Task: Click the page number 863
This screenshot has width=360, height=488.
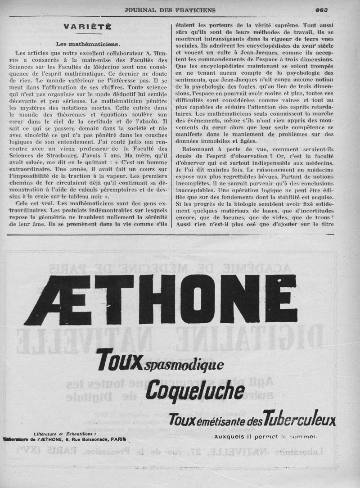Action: pos(321,9)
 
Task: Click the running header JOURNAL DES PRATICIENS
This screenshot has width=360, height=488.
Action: pos(170,10)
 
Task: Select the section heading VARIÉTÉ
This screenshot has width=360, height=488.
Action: pos(88,27)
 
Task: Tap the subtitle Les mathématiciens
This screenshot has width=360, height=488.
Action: pos(88,44)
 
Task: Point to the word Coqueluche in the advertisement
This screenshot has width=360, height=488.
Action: pos(195,392)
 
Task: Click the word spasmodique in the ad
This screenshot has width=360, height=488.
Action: pos(184,365)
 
